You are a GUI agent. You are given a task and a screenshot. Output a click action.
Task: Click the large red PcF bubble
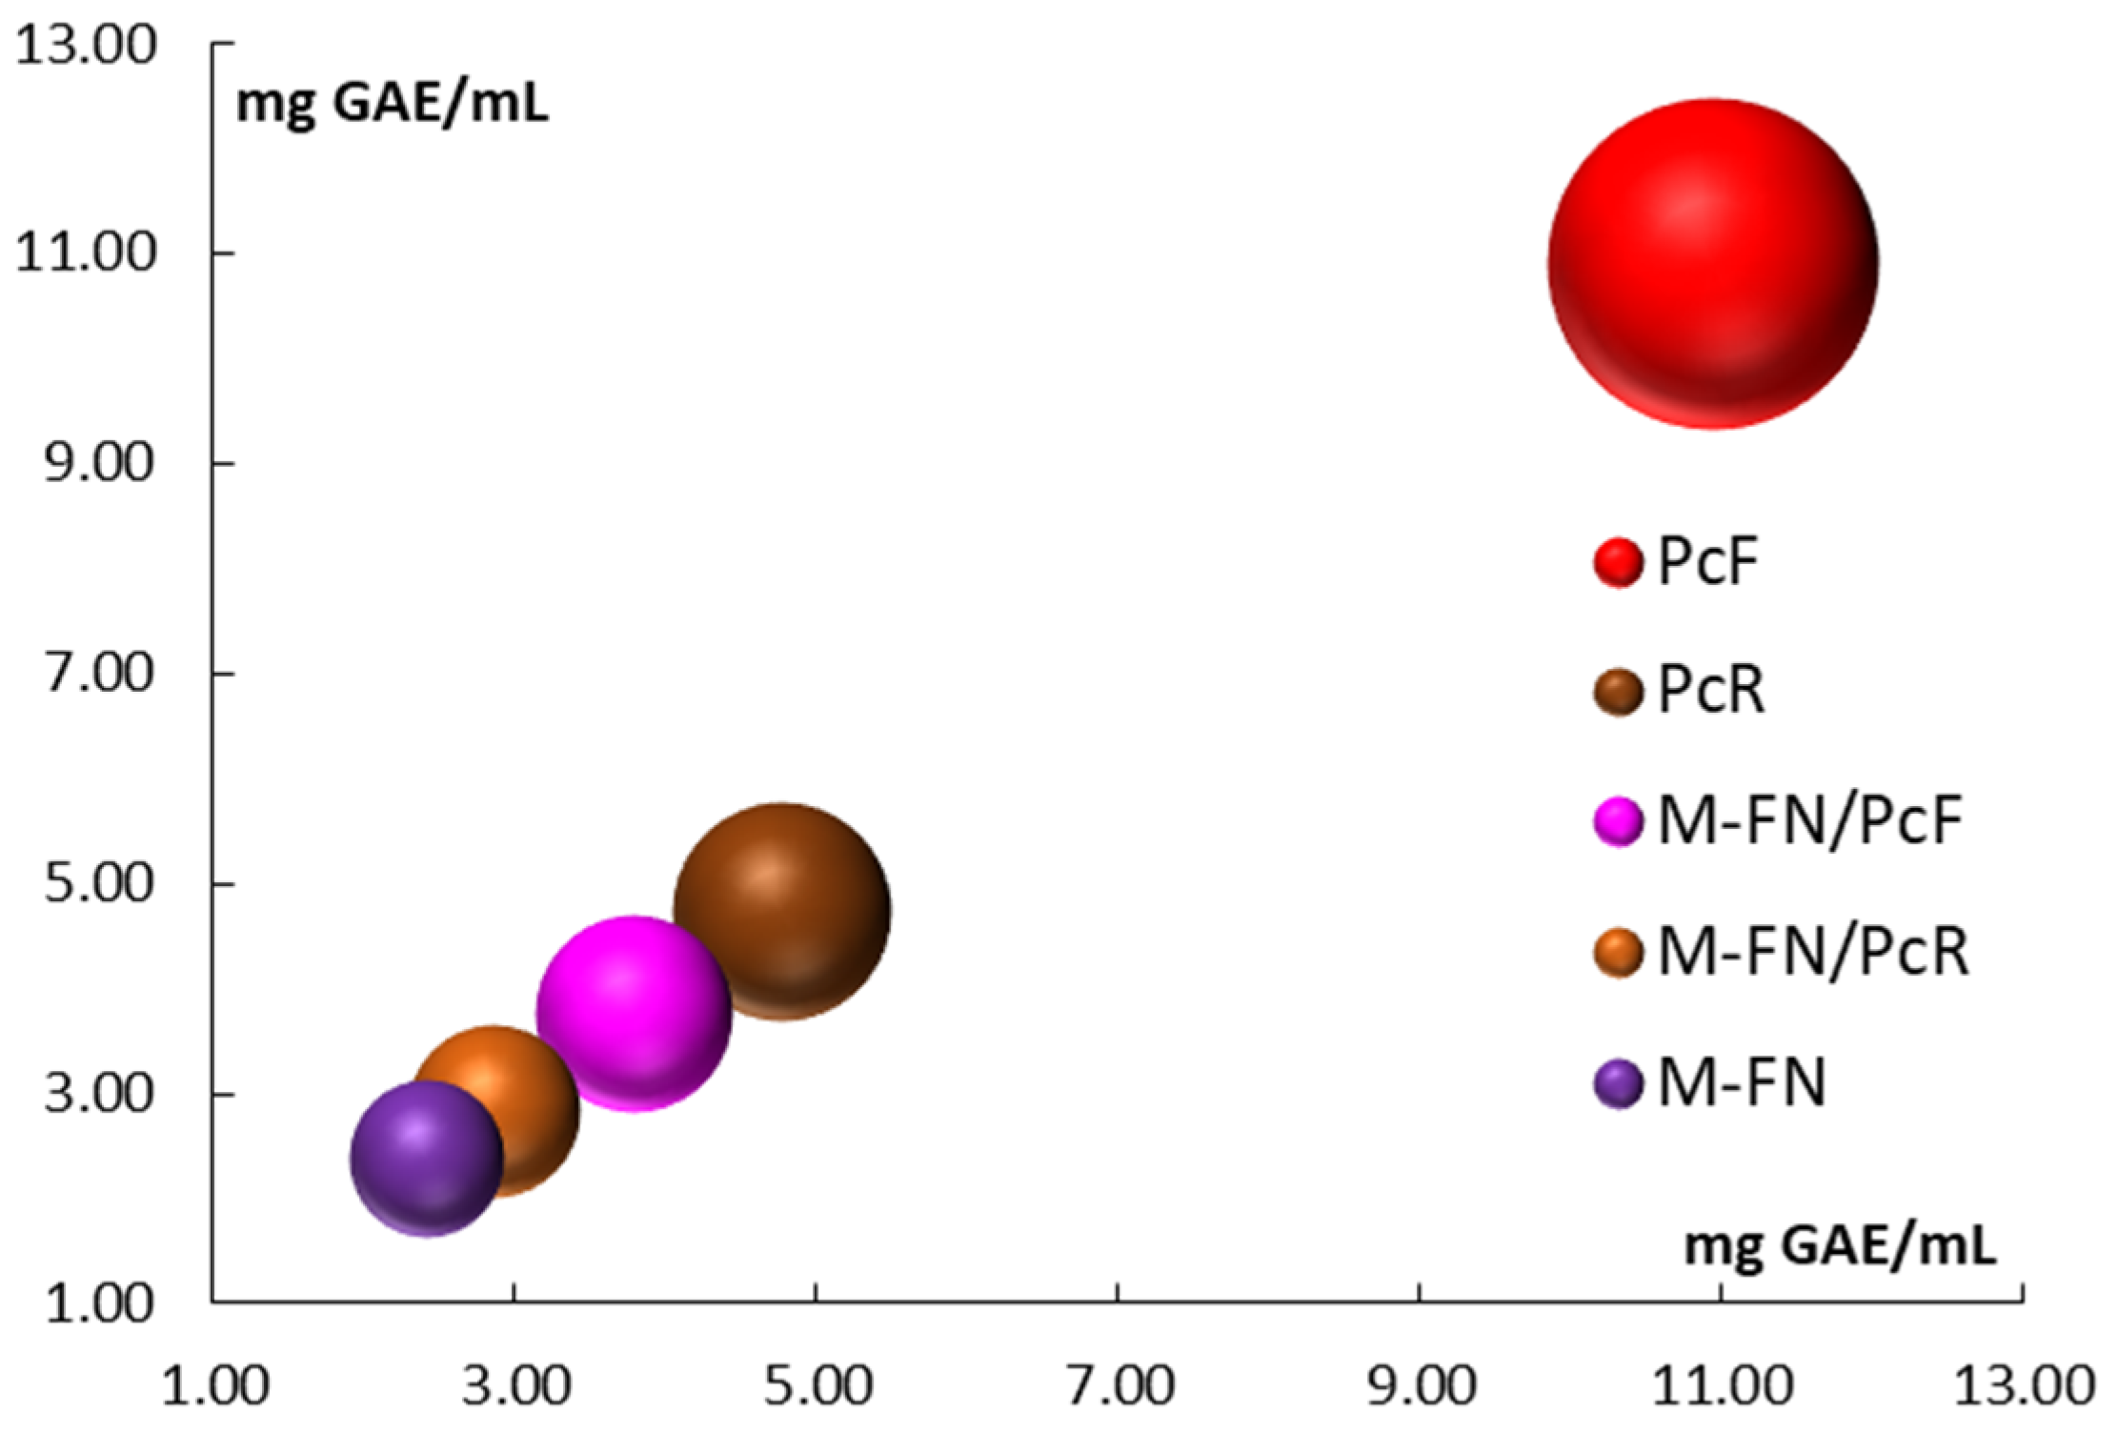pos(1712,264)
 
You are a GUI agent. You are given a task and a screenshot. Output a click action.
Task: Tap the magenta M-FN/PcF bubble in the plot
pos(634,1013)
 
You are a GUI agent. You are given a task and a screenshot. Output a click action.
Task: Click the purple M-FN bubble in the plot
pos(426,1157)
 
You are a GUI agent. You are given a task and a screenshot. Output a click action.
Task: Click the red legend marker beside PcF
pos(1618,561)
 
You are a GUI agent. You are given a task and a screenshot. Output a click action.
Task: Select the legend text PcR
pos(1711,690)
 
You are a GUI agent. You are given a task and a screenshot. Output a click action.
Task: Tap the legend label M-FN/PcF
pos(1810,820)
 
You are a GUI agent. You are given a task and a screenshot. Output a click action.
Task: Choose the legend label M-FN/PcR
pos(1813,951)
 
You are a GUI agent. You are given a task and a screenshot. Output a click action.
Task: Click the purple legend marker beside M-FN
pos(1618,1083)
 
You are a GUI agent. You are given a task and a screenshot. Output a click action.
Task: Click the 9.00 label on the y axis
pos(99,465)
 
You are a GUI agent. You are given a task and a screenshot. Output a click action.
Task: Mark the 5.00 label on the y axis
pos(99,884)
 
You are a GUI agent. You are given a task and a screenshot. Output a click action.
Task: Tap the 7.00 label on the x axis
pos(1120,1387)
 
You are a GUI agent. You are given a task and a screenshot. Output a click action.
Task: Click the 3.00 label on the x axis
pos(516,1387)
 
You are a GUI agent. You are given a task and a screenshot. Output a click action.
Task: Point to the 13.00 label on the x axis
pos(2025,1387)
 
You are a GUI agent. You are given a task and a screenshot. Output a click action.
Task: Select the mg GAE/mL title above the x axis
pos(1840,1245)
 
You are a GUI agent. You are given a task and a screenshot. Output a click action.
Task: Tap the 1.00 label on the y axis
pos(99,1303)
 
